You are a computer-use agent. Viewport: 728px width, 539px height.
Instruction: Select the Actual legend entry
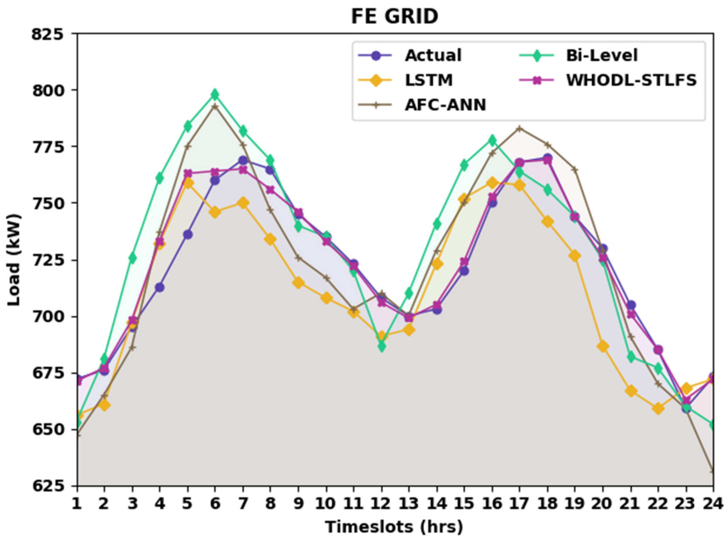pos(433,56)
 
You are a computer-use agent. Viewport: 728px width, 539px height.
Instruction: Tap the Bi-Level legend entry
pos(601,56)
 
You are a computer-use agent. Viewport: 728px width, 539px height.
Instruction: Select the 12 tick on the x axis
pos(382,504)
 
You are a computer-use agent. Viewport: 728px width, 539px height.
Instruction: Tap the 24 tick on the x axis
pos(713,504)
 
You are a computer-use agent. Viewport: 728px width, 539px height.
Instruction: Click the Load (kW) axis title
pos(14,260)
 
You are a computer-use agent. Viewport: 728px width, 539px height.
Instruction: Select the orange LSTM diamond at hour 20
pos(603,346)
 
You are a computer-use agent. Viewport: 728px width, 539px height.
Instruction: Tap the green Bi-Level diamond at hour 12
pos(382,346)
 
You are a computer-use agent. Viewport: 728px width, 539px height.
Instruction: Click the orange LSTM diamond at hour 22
pos(658,408)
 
